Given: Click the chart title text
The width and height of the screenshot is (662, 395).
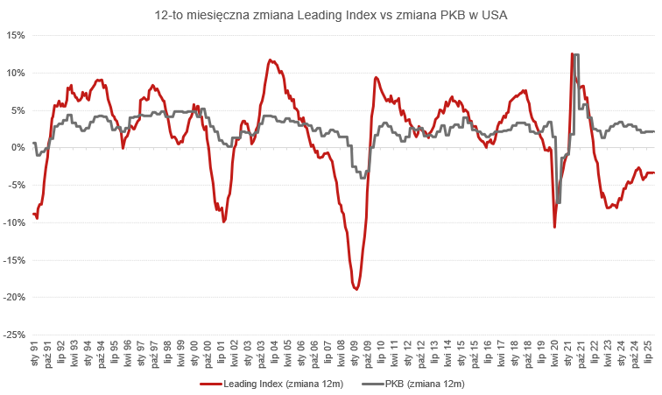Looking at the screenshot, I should coord(331,14).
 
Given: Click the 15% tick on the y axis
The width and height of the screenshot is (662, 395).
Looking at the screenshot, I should coord(15,35).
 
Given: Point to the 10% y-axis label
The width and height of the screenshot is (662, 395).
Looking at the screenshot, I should coord(15,73).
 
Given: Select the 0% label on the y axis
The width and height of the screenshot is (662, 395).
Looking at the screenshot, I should coord(18,147).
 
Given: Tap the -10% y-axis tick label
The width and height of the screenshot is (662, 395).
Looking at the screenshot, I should coord(13,222).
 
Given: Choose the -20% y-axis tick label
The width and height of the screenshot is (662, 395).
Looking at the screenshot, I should coord(13,297).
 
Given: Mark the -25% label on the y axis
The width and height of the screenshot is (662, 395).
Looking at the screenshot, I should coord(13,335).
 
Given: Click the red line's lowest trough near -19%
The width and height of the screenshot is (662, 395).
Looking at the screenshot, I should coord(356,289).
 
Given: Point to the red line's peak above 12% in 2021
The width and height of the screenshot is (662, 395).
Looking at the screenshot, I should coord(572,54).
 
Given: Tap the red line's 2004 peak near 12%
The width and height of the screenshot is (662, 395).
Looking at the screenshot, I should coord(271,60).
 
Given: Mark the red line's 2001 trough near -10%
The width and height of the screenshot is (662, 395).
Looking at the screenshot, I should coord(223,222).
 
